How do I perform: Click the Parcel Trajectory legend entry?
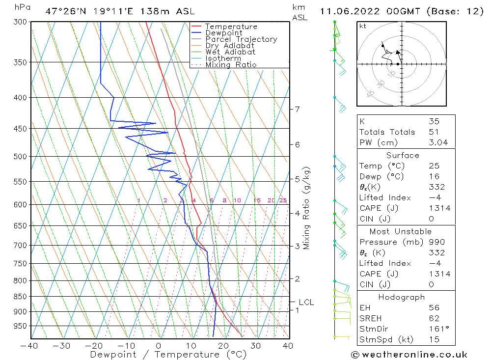[241, 39]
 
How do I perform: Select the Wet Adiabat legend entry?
[230, 52]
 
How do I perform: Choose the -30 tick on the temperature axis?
[61, 346]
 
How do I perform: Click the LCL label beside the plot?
[306, 303]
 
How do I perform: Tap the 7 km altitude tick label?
[297, 109]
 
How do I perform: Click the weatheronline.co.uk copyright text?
[409, 355]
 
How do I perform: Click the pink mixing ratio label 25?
[283, 200]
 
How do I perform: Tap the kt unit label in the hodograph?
[363, 26]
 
